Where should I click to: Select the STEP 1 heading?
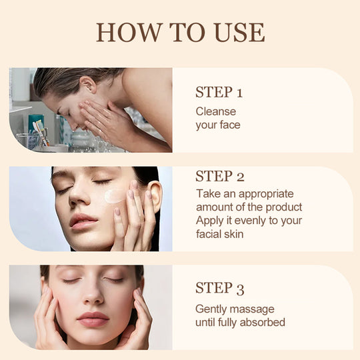tap(219, 92)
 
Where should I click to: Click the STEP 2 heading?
tap(220, 176)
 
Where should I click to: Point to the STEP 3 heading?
tap(220, 288)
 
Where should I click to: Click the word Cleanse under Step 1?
tap(216, 111)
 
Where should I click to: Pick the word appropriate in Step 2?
tap(266, 194)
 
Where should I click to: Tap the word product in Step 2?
tap(284, 207)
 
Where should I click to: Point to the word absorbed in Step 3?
tap(263, 323)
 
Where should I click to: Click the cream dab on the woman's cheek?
tap(114, 196)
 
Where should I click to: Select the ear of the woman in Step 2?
tap(154, 196)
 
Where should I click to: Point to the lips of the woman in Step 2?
tap(83, 222)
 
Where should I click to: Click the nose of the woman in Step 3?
tap(93, 296)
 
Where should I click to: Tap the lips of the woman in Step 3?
tap(93, 319)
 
